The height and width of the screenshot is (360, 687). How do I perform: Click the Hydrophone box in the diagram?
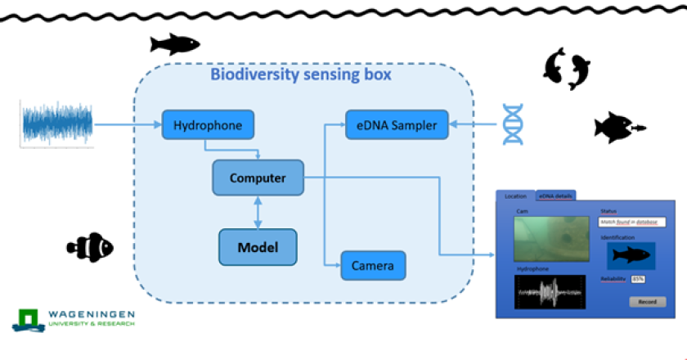[x=208, y=126]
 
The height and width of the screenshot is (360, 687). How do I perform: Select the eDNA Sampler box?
[x=397, y=124]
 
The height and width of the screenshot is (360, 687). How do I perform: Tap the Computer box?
[x=258, y=178]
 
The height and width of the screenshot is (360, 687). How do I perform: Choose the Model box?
[x=258, y=247]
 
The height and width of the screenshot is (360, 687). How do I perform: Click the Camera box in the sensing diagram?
[x=373, y=265]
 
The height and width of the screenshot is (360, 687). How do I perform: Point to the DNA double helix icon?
[x=513, y=124]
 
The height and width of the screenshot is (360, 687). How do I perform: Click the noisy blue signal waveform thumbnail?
[x=57, y=124]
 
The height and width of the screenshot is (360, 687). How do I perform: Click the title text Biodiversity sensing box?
[x=301, y=74]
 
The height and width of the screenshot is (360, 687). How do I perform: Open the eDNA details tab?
[x=555, y=196]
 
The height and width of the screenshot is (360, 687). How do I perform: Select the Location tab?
[x=515, y=196]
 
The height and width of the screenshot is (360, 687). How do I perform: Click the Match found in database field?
[x=632, y=222]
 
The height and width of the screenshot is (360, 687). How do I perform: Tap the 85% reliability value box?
[x=637, y=279]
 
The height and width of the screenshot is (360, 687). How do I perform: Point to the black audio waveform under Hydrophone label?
[x=550, y=291]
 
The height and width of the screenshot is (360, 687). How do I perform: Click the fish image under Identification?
[x=631, y=256]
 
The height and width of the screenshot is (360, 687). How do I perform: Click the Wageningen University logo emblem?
[x=29, y=318]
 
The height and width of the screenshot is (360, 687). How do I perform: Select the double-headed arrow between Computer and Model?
[x=258, y=212]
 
